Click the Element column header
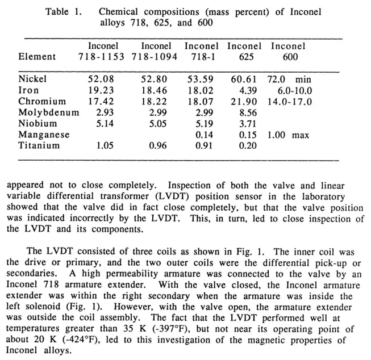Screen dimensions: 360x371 point(37,56)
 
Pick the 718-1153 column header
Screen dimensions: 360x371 point(102,56)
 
